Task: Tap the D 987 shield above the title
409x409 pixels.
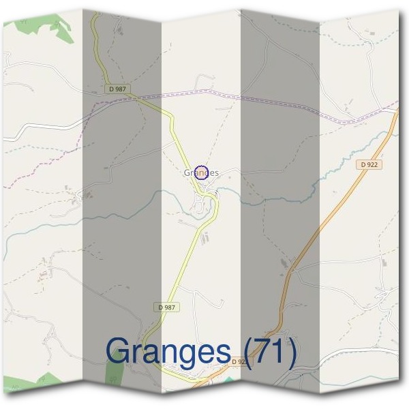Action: click(x=166, y=307)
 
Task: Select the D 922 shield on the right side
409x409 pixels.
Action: click(x=368, y=164)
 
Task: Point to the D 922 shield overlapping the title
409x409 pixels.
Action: click(x=238, y=361)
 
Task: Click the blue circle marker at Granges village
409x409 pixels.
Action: click(x=201, y=172)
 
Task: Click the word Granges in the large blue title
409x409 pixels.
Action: click(x=168, y=352)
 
